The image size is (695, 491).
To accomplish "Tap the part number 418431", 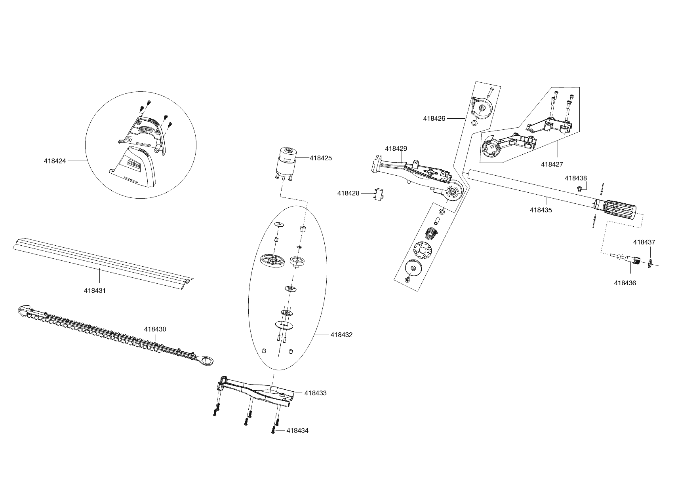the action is coord(95,290).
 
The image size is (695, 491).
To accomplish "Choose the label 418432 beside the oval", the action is coord(341,335).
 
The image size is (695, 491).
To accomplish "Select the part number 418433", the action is coord(316,393).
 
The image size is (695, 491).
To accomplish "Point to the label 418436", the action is coord(625,283).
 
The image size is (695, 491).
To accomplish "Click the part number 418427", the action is coord(552,164).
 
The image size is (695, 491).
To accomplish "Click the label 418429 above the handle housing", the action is coord(396,148).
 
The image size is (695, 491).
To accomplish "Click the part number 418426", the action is coord(434,118).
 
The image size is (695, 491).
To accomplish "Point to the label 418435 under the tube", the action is coord(541,210).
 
